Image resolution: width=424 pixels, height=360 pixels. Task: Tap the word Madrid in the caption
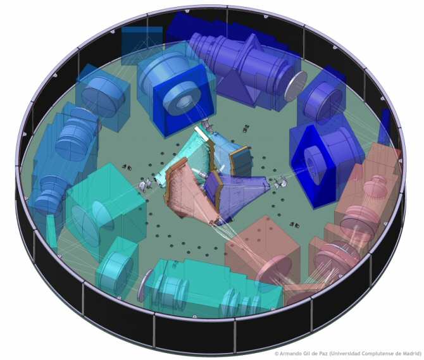409,354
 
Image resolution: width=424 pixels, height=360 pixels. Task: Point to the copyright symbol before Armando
276,354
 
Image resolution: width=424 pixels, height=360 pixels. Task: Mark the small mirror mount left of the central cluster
145,184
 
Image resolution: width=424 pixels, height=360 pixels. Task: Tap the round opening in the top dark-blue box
183,100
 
